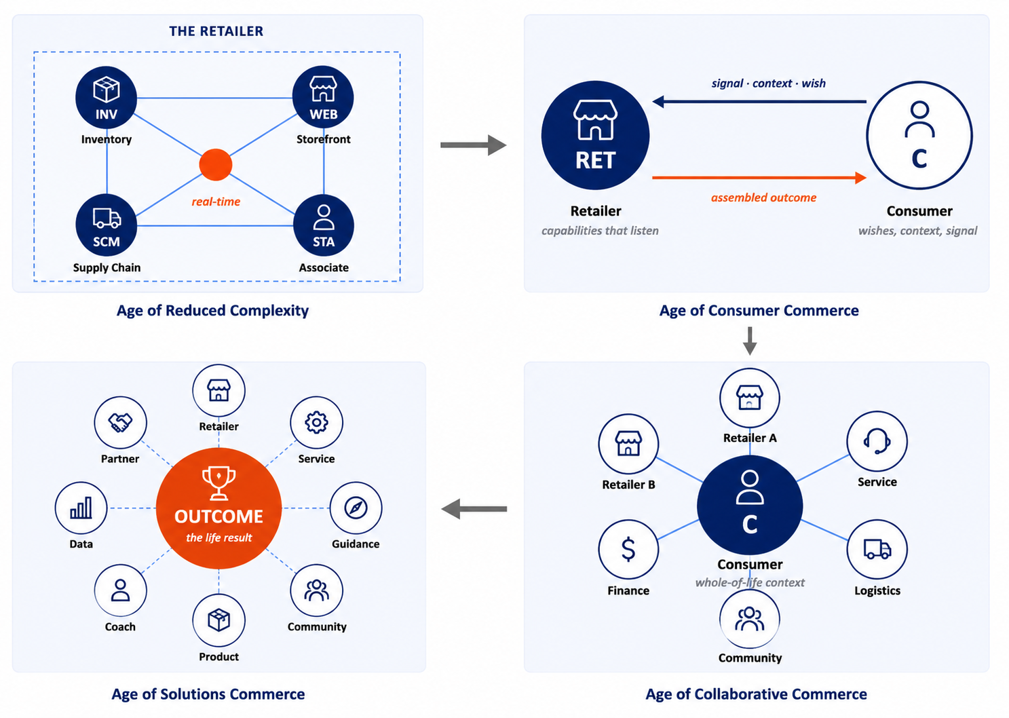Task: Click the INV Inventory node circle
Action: (107, 98)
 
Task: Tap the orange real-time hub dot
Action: (216, 165)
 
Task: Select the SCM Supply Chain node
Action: (107, 225)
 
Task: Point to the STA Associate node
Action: (324, 225)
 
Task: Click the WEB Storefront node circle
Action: (323, 97)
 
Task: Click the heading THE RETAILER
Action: (216, 31)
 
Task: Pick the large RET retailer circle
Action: (596, 135)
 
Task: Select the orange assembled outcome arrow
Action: (759, 178)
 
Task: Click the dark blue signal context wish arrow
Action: (759, 101)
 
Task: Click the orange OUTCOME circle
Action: (219, 508)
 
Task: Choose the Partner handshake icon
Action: (120, 423)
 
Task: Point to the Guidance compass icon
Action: (356, 508)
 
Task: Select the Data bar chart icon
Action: (81, 508)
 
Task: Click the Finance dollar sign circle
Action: (628, 549)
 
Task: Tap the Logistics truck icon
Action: (877, 549)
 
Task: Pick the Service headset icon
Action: (877, 441)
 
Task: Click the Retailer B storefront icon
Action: (628, 443)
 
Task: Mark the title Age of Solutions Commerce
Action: (208, 694)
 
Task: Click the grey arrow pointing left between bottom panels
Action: (474, 509)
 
